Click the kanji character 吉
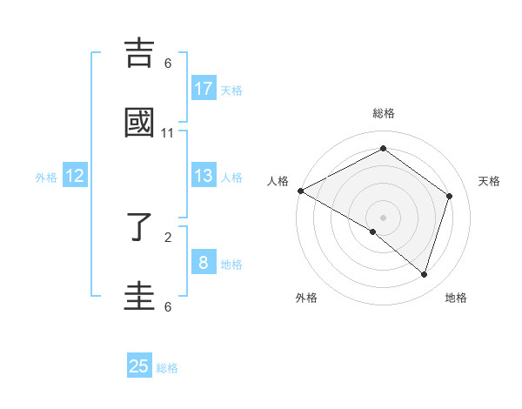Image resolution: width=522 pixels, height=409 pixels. tap(139, 53)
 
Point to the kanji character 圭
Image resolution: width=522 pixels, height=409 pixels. tap(139, 296)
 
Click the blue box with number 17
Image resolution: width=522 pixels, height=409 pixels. tap(204, 89)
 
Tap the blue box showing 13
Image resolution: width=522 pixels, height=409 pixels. tap(204, 176)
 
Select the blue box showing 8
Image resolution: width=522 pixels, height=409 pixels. tap(204, 262)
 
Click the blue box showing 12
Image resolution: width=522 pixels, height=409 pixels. tap(75, 176)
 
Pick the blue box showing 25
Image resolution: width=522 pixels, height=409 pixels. tap(139, 366)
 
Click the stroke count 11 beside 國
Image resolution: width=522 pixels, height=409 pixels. tap(168, 133)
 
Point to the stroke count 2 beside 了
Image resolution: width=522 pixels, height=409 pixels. tap(168, 237)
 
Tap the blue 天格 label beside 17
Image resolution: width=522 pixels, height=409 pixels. tap(231, 91)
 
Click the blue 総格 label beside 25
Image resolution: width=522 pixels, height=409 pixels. tap(167, 368)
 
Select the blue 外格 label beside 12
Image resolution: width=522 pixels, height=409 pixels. tap(46, 178)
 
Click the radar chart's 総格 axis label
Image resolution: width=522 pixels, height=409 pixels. tap(384, 113)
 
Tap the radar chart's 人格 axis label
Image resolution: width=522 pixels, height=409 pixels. tap(278, 181)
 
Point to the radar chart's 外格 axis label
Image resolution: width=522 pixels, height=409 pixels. tap(306, 298)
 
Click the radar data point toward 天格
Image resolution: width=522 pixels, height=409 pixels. tap(450, 197)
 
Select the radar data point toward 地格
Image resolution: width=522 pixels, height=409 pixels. tap(424, 274)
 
